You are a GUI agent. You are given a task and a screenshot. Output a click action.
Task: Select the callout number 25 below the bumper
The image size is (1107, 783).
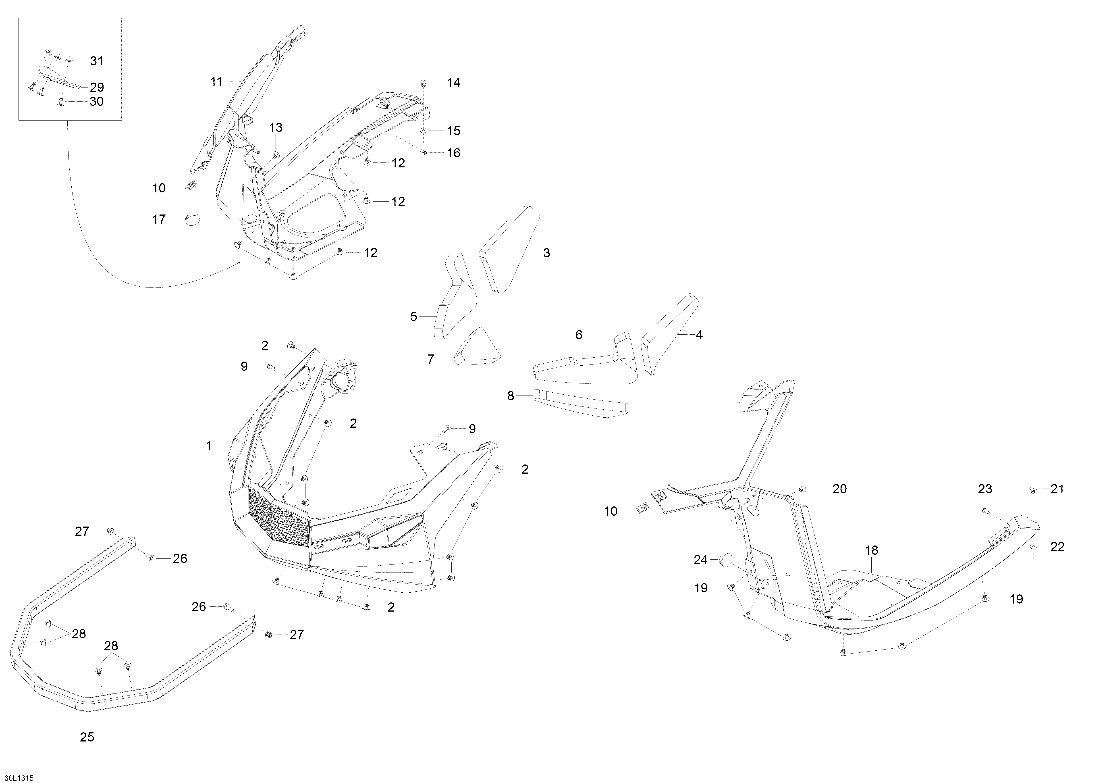pyautogui.click(x=87, y=737)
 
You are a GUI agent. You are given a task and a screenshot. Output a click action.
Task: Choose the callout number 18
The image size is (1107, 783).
pyautogui.click(x=872, y=550)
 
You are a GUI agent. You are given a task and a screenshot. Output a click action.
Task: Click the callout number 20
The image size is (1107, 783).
pyautogui.click(x=839, y=489)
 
